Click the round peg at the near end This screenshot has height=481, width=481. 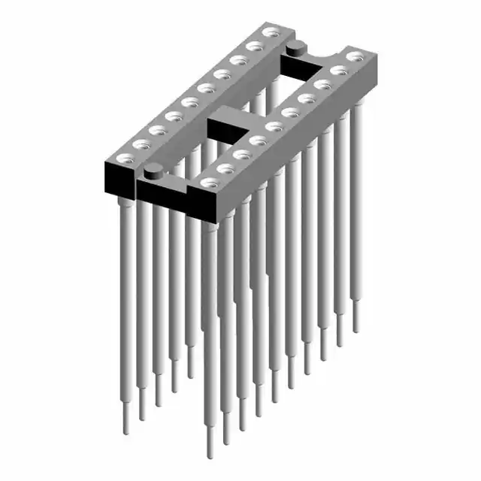(x=153, y=168)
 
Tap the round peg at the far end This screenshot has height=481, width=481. (x=295, y=48)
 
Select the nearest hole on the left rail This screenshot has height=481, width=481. (x=123, y=157)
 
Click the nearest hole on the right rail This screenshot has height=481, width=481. (x=207, y=182)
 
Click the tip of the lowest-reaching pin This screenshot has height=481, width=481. (x=210, y=451)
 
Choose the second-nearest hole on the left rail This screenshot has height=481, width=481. (x=141, y=143)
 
